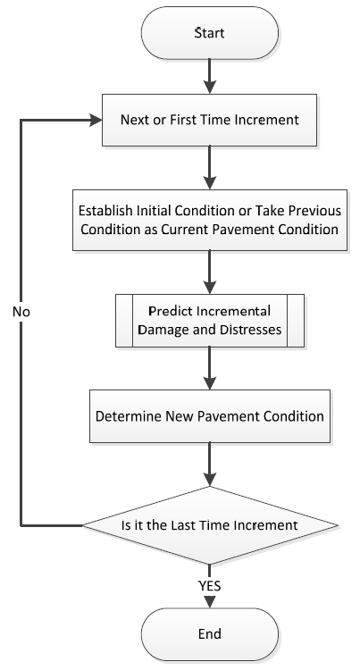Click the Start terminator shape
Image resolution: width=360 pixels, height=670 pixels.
point(210,33)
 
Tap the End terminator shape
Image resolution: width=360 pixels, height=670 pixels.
point(210,633)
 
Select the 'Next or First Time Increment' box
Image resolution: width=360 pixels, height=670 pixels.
point(209,120)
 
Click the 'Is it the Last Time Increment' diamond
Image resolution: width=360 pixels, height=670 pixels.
point(210,525)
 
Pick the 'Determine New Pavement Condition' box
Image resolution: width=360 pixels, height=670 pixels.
point(210,415)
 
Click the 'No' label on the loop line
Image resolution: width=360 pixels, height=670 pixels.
point(21,312)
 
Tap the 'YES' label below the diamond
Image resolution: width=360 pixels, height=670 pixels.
point(210,586)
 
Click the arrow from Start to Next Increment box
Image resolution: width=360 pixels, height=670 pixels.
point(210,76)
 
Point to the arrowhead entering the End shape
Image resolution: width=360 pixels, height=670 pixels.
point(210,601)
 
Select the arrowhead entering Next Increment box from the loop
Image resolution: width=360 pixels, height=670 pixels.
point(96,120)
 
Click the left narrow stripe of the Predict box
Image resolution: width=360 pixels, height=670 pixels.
point(124,321)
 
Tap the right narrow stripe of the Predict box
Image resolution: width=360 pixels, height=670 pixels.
point(296,321)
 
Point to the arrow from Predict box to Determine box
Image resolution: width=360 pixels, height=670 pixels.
point(210,368)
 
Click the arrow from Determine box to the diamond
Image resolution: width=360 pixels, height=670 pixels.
point(210,464)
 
